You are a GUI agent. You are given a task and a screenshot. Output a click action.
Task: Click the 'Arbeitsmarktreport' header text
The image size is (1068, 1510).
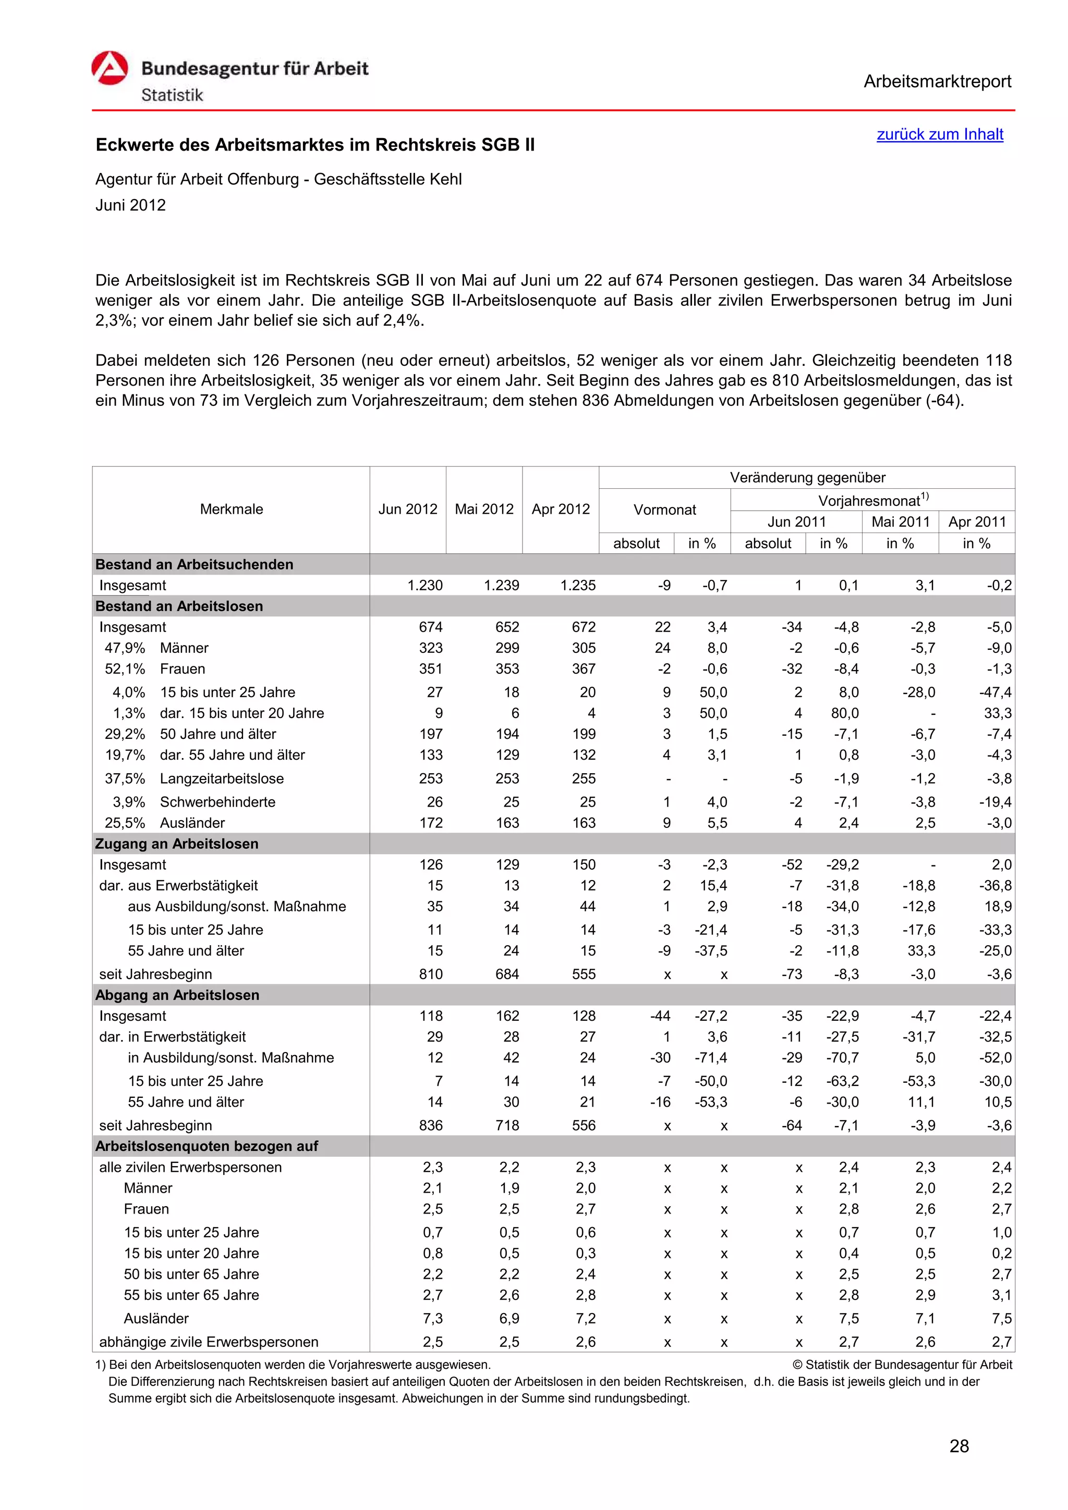click(937, 82)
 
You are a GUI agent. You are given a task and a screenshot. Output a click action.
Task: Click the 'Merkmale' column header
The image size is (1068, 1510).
click(231, 509)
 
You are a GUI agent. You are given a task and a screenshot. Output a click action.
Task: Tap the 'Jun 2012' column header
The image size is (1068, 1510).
click(407, 509)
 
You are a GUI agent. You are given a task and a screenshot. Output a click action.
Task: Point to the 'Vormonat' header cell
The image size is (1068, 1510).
click(664, 510)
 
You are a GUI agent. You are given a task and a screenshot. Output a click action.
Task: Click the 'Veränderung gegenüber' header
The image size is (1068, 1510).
click(807, 477)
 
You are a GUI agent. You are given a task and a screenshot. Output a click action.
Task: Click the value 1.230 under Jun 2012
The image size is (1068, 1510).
click(425, 585)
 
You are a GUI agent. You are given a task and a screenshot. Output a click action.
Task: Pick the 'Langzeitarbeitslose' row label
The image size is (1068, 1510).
click(222, 778)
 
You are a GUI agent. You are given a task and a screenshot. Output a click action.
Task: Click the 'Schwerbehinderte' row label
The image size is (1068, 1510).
click(217, 802)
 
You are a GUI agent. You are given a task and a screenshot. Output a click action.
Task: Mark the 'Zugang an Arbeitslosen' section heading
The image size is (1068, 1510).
click(177, 844)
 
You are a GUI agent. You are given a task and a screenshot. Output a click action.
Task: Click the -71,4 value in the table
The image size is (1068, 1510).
click(711, 1058)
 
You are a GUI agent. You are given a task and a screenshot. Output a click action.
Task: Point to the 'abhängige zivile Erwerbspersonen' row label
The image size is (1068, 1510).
click(208, 1342)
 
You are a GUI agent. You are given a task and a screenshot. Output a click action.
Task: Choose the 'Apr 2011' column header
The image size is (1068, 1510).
click(977, 522)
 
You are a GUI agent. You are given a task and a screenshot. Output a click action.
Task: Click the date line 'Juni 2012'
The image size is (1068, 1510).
click(130, 205)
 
